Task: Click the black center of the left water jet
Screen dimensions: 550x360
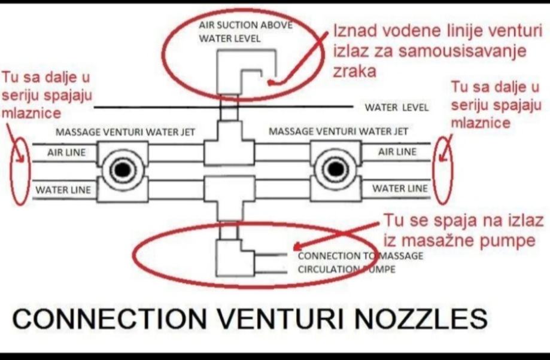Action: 123,170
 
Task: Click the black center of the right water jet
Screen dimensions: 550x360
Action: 336,169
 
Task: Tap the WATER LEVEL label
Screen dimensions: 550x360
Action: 396,107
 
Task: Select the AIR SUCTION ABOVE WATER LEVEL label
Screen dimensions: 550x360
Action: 245,32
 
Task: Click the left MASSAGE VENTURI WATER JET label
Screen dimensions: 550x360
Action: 125,132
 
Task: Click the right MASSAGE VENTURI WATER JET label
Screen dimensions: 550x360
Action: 339,132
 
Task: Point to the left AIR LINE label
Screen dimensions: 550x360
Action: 66,152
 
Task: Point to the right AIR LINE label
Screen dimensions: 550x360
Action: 397,152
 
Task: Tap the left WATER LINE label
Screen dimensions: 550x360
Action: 63,190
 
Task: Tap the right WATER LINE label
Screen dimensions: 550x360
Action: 400,188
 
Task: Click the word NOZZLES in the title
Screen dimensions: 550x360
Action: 421,319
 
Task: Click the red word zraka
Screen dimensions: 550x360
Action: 354,72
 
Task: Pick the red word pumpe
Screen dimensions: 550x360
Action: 506,241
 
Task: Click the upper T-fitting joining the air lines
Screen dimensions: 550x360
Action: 229,143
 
